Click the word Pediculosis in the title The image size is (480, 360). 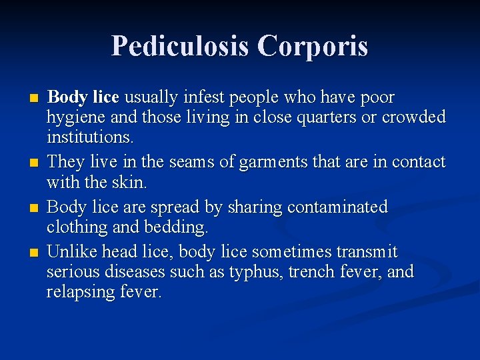[x=180, y=47]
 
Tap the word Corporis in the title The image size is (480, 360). [x=313, y=47]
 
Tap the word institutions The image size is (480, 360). [x=90, y=137]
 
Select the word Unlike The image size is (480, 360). [x=70, y=253]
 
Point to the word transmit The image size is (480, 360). [x=367, y=253]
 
